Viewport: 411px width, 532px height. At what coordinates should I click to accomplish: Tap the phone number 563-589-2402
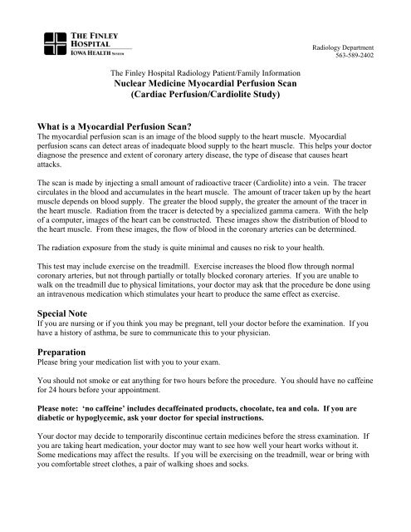coord(374,58)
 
